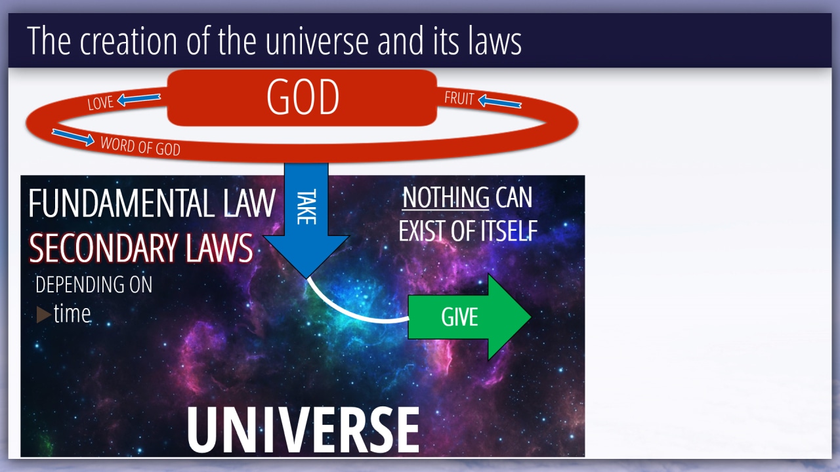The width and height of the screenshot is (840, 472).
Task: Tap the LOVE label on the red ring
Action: (x=100, y=103)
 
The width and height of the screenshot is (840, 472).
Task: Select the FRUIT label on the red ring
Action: (x=459, y=98)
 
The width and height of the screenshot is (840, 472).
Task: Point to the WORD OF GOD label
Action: (x=140, y=146)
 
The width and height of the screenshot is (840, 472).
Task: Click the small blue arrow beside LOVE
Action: (x=138, y=99)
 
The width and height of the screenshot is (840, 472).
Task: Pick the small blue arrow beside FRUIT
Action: (x=500, y=101)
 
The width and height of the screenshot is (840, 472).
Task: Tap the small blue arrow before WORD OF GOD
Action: (x=73, y=137)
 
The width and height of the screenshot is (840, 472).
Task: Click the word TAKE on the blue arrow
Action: (x=306, y=206)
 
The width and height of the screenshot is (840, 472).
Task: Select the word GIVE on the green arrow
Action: (x=460, y=317)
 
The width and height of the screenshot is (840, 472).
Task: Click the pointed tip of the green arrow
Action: (x=531, y=317)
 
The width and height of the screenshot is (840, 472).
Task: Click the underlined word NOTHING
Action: (x=446, y=198)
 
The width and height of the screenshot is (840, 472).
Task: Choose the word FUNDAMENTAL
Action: (x=122, y=203)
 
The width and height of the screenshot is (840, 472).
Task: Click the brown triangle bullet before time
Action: (x=43, y=315)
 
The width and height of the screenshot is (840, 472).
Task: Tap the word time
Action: (x=72, y=313)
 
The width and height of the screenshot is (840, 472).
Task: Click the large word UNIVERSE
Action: (x=303, y=431)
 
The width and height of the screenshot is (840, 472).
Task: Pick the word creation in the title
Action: (x=128, y=41)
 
